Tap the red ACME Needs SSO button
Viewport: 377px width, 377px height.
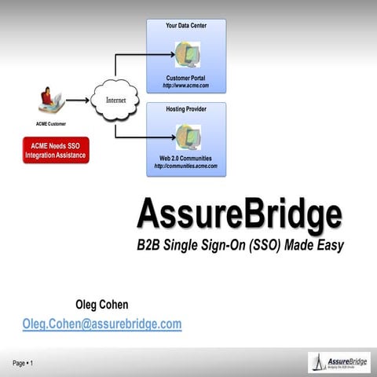point(55,149)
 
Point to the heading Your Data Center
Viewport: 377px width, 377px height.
point(186,26)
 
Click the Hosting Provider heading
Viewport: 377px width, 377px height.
point(186,108)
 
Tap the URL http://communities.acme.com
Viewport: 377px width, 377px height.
point(186,167)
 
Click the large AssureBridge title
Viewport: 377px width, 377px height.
point(239,213)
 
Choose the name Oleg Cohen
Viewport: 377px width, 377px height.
point(101,305)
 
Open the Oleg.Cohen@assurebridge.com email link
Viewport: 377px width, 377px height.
point(102,324)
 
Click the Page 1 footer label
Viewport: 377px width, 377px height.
point(21,363)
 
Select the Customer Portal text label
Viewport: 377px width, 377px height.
point(186,78)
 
